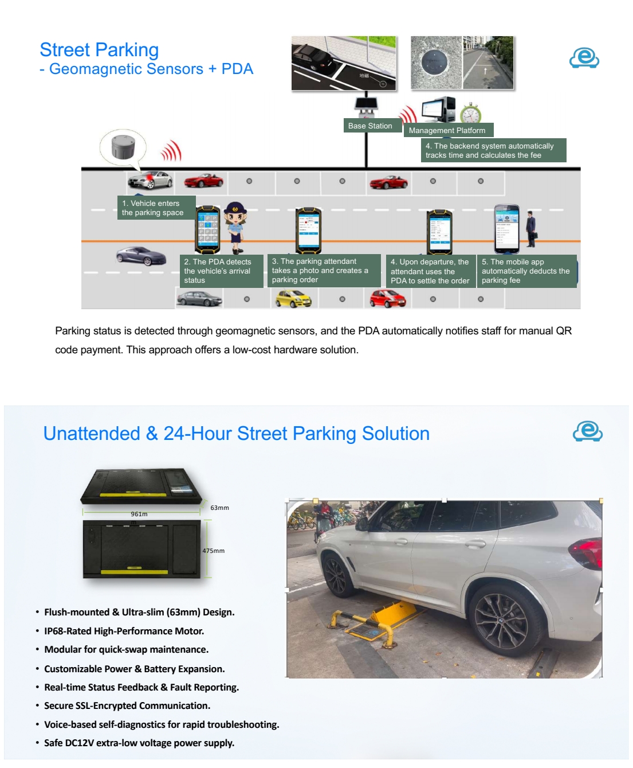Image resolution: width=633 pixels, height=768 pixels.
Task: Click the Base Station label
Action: [x=370, y=126]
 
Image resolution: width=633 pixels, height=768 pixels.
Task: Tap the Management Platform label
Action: [x=447, y=130]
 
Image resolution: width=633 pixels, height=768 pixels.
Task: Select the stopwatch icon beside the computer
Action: [x=470, y=114]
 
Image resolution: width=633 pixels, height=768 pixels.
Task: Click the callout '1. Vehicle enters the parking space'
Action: [x=153, y=208]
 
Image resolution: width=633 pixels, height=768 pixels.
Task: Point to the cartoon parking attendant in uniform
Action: [x=235, y=226]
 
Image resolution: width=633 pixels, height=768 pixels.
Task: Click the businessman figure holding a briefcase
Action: [x=531, y=228]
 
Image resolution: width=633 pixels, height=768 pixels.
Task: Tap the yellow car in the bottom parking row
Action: [x=293, y=298]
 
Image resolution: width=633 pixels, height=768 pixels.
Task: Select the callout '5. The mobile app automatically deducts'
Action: [x=526, y=271]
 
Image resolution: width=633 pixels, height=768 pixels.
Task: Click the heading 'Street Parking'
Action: [x=99, y=50]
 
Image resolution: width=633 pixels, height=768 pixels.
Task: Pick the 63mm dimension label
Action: [x=219, y=508]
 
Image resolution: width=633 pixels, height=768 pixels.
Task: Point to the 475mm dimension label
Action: [x=213, y=551]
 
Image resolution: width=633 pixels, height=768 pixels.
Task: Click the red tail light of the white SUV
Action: [x=587, y=551]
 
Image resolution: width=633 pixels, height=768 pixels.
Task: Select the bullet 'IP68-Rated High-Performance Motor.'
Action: [x=124, y=631]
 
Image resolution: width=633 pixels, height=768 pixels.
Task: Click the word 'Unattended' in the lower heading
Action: [x=92, y=434]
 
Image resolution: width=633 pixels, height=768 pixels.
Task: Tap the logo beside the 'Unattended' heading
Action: [x=587, y=431]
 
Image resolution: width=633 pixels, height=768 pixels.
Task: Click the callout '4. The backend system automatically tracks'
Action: [x=493, y=150]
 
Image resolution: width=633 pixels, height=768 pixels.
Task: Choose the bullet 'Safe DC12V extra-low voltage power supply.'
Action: [x=139, y=743]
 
